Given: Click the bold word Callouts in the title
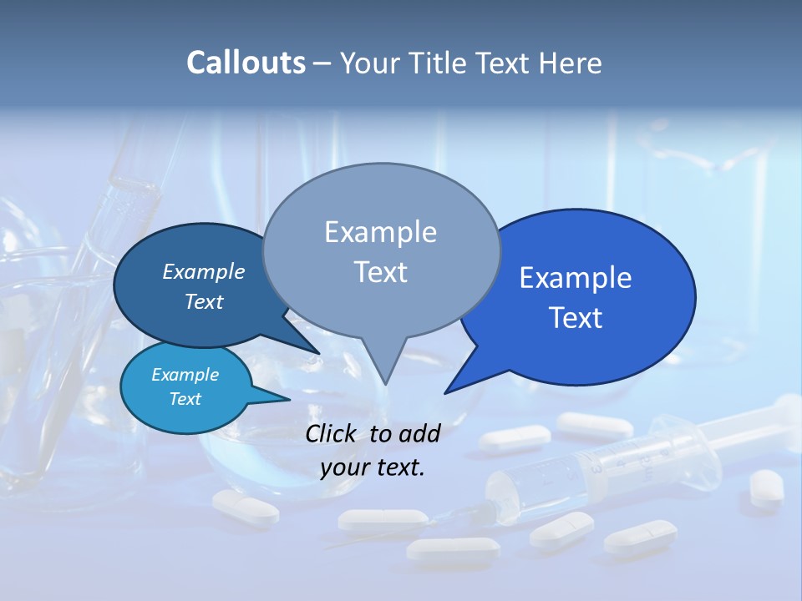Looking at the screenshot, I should pos(246,63).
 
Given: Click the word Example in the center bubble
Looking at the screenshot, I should pos(380,232).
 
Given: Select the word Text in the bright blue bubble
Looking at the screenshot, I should pos(576,318).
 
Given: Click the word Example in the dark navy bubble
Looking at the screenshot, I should pos(204,271).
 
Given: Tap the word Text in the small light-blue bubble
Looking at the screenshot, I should pos(185,399).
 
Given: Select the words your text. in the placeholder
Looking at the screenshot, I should pos(373,467).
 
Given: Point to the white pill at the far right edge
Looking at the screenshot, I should pos(765,487).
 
